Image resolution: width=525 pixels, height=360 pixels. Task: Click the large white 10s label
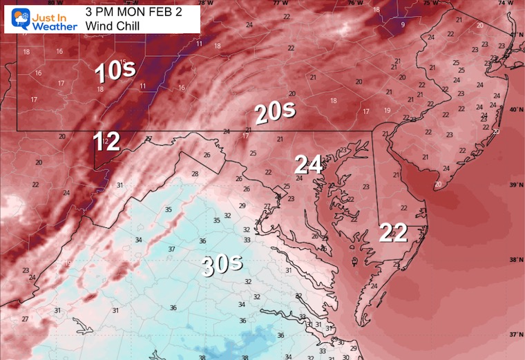click(x=115, y=71)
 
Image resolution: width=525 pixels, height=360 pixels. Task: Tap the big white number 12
click(x=107, y=142)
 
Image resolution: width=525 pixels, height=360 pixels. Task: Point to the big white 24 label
click(x=308, y=164)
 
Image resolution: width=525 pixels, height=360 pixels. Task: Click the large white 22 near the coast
click(x=392, y=233)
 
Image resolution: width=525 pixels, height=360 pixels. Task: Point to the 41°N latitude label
click(x=514, y=34)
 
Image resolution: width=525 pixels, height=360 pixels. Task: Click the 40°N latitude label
click(x=514, y=109)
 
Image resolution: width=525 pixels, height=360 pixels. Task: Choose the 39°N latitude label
click(x=514, y=185)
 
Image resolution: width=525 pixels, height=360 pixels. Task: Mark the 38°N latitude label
click(x=514, y=260)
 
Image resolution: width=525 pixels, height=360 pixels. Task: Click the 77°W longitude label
click(x=280, y=3)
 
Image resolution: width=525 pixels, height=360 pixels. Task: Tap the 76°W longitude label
click(x=354, y=3)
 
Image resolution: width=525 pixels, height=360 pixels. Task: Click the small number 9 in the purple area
click(x=403, y=26)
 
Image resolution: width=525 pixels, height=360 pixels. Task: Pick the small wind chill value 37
click(x=171, y=249)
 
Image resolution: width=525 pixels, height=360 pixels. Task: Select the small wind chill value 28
click(x=195, y=173)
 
